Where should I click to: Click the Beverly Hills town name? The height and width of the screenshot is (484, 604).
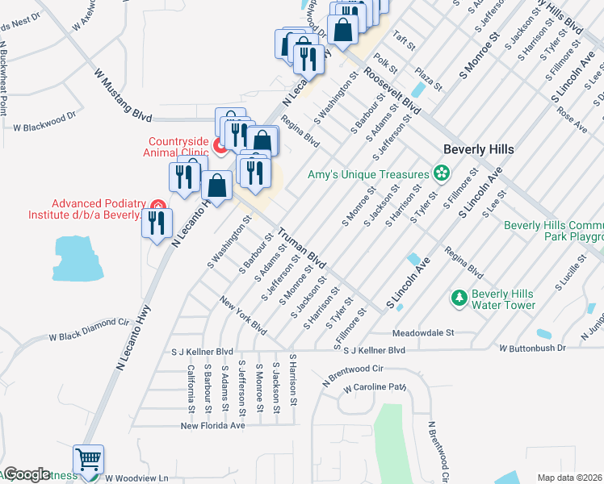click(x=478, y=150)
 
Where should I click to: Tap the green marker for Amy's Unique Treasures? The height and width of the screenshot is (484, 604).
click(x=441, y=173)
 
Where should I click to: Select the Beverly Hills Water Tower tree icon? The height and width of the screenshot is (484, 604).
click(x=459, y=298)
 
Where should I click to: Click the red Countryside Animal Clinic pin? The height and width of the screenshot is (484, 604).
click(x=219, y=146)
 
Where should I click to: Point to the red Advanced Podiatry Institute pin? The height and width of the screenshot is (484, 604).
click(x=157, y=208)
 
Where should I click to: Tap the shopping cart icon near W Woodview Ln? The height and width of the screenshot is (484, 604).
click(x=89, y=461)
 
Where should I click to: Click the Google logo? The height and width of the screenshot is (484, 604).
click(x=26, y=474)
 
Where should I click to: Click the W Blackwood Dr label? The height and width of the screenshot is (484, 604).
click(x=44, y=127)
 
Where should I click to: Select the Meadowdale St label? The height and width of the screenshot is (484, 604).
click(x=424, y=332)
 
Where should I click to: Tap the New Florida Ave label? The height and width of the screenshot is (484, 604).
click(x=212, y=425)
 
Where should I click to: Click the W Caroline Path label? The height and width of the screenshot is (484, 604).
click(x=372, y=387)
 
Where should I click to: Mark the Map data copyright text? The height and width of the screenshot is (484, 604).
click(x=570, y=478)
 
